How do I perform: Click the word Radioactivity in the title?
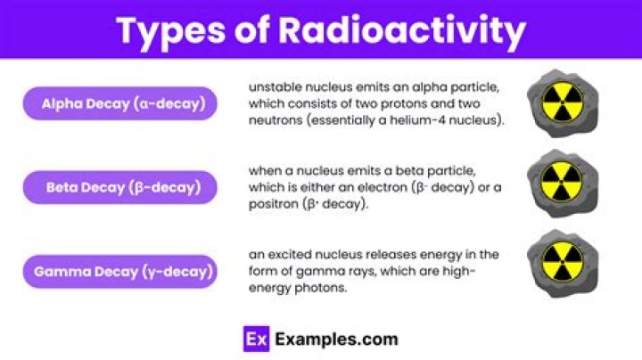coord(402,30)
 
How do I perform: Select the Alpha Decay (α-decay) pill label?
coord(120,103)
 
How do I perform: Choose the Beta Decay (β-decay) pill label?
coord(120,187)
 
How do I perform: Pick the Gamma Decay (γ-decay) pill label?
coord(120,272)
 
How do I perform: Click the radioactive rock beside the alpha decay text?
coord(563,103)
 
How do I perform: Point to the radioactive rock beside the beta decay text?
coord(563,183)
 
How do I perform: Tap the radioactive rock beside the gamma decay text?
coord(563,263)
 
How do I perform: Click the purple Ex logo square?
coord(256,339)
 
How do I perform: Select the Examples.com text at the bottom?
coord(336,340)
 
